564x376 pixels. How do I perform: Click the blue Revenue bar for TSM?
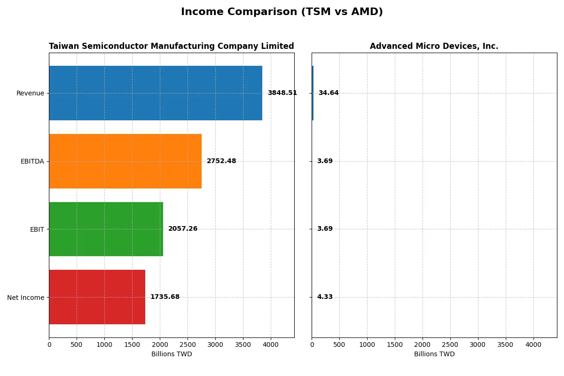(x=156, y=93)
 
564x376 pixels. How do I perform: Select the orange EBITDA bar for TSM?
(x=125, y=161)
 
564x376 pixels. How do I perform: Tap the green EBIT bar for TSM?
(x=106, y=229)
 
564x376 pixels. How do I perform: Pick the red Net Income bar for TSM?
(x=97, y=297)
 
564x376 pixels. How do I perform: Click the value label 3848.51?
(x=282, y=93)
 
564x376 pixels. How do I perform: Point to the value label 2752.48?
(x=221, y=161)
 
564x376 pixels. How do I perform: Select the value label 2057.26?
(x=183, y=229)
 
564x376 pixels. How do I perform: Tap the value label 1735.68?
(x=165, y=297)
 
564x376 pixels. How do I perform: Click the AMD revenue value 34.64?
(x=328, y=93)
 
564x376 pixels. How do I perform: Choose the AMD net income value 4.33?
(x=324, y=297)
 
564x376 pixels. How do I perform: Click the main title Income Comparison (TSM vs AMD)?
(x=282, y=12)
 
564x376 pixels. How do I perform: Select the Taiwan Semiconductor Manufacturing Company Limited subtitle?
(x=172, y=47)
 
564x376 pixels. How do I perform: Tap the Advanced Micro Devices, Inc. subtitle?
(x=434, y=47)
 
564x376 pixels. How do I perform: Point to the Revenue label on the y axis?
(x=30, y=94)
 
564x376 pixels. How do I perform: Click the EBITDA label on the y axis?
(x=32, y=162)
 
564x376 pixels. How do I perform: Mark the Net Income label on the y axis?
(x=26, y=298)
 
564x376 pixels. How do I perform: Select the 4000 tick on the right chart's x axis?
(x=533, y=345)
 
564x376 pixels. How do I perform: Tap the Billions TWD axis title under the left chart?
(x=172, y=354)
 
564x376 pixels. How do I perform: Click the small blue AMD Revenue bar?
(x=313, y=93)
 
